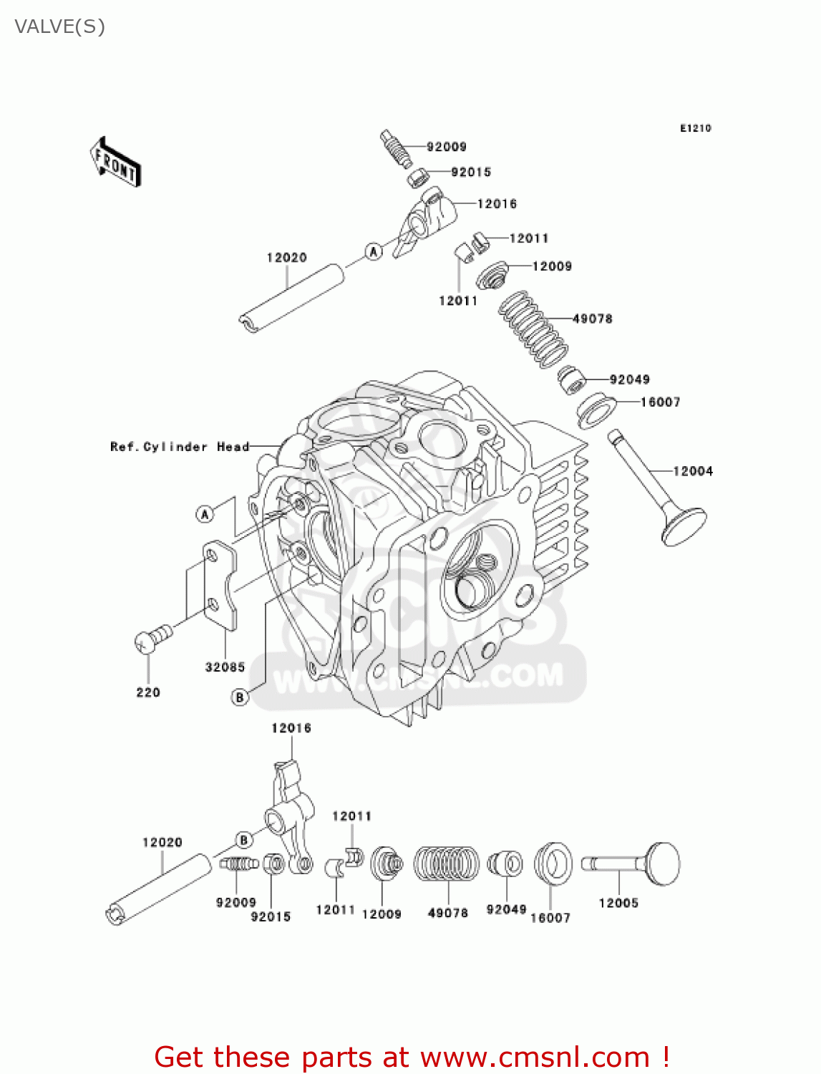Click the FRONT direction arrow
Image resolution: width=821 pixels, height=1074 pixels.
pyautogui.click(x=115, y=162)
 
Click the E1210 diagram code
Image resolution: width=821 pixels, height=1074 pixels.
pyautogui.click(x=695, y=128)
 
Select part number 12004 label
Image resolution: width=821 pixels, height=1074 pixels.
pyautogui.click(x=692, y=471)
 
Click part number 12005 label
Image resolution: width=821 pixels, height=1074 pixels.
pyautogui.click(x=618, y=903)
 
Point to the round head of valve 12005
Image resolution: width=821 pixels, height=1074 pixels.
pyautogui.click(x=663, y=863)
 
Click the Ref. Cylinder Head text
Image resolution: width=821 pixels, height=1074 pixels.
pyautogui.click(x=180, y=447)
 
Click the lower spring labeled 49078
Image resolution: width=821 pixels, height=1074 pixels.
pyautogui.click(x=447, y=863)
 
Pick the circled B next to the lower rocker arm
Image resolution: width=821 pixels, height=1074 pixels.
pyautogui.click(x=243, y=840)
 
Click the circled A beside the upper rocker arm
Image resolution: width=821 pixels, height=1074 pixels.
pyautogui.click(x=373, y=251)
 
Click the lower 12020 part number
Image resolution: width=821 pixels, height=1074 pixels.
pyautogui.click(x=162, y=843)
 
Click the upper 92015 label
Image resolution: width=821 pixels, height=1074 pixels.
pyautogui.click(x=471, y=172)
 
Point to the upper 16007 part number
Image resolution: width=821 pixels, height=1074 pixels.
pyautogui.click(x=660, y=402)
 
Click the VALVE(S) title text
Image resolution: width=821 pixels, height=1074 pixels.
pyautogui.click(x=59, y=26)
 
